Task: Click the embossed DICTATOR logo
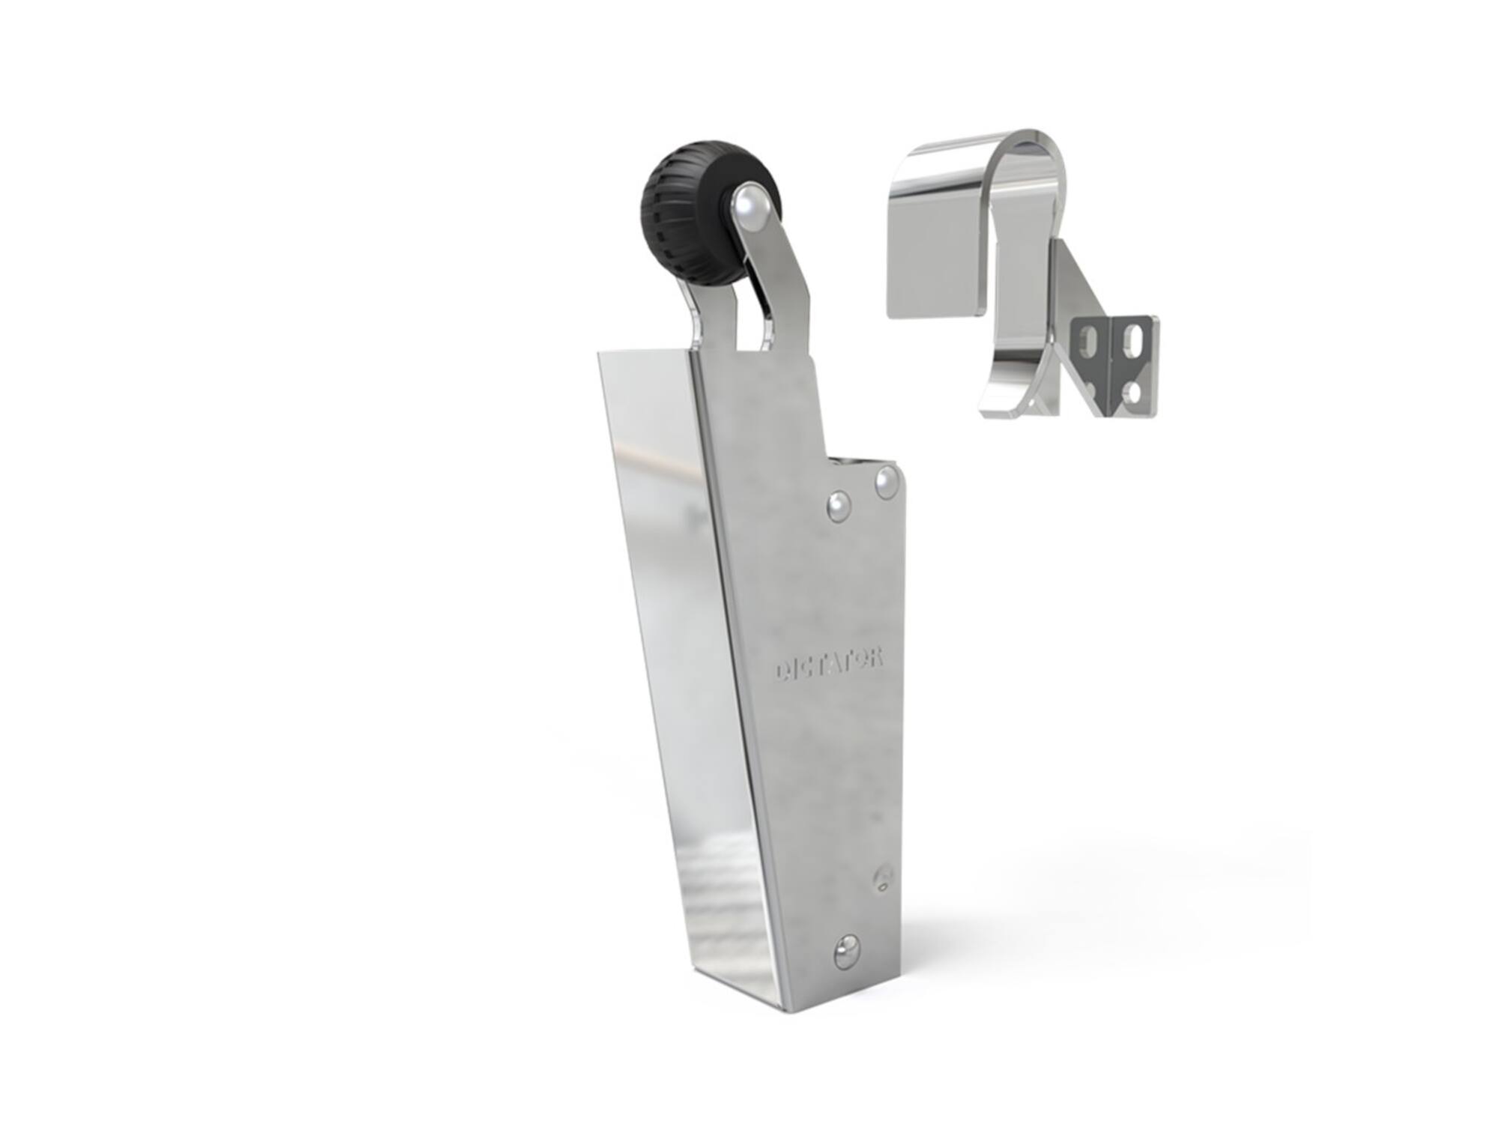pos(829,664)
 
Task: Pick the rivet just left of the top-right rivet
pos(839,506)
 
